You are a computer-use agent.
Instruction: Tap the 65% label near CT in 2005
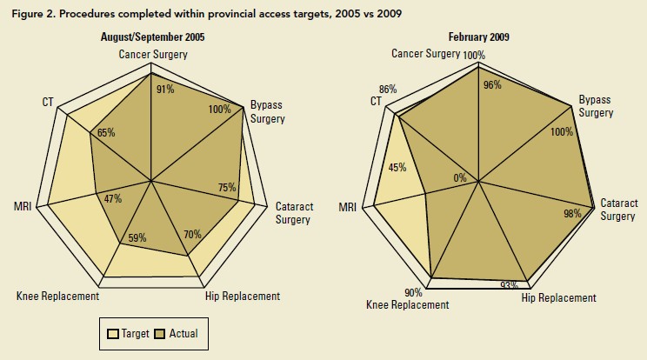pos(105,133)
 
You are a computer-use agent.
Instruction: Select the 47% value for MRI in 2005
pos(112,198)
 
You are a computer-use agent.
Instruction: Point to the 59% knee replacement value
pos(137,237)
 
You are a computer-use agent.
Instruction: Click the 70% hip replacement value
pos(193,234)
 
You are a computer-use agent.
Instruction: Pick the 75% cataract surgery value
pos(227,188)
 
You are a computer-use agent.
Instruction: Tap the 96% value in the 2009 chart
pos(493,85)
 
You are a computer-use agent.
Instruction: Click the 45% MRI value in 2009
pos(397,168)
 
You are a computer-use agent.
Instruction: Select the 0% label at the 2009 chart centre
pos(460,178)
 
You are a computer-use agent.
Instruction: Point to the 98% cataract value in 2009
pos(572,213)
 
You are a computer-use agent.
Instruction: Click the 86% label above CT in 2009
pos(388,89)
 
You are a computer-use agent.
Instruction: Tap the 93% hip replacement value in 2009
pos(510,284)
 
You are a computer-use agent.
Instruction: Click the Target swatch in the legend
pos(113,333)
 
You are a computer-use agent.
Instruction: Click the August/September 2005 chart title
pos(152,37)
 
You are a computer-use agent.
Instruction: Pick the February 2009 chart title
pos(478,37)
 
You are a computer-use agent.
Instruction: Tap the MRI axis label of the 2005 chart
pos(23,206)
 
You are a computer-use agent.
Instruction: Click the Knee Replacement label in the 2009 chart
pos(407,304)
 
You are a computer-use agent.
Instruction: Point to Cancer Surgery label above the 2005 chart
pos(153,55)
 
